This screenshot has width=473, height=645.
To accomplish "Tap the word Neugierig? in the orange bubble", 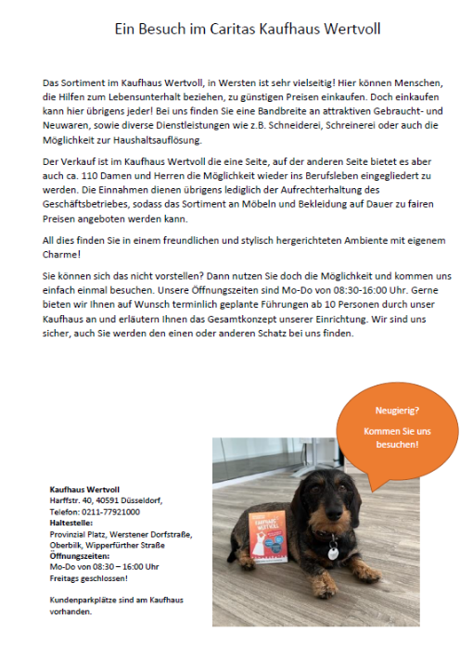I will coord(396,409).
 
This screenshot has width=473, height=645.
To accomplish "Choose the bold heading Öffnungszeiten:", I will coord(79,555).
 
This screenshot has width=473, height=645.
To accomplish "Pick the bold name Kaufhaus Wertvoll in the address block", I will coord(84,489).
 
